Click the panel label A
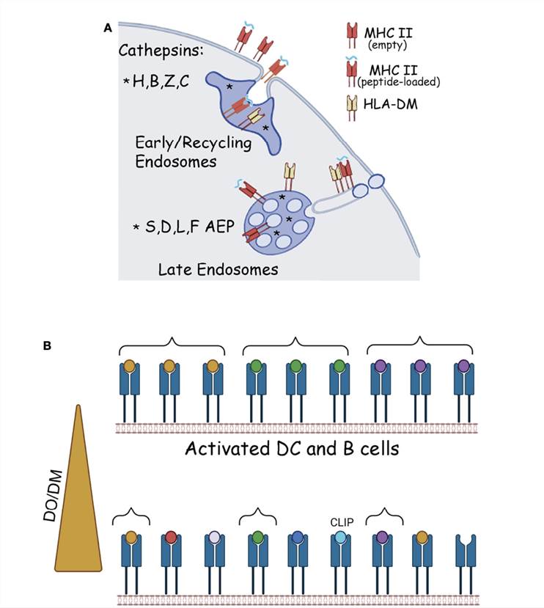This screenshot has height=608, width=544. point(108,29)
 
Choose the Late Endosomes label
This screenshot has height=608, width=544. point(218,270)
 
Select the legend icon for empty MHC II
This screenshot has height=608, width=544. point(350,35)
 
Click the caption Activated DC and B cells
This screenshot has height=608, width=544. point(293,448)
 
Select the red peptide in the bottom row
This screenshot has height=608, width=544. point(170,538)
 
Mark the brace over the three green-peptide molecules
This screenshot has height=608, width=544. point(295,344)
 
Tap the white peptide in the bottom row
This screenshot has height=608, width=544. point(213,538)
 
